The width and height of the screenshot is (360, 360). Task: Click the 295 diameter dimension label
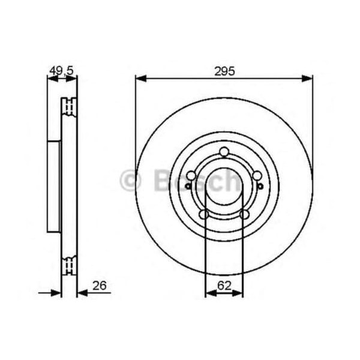point(224,70)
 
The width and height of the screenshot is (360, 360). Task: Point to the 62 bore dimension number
point(224,286)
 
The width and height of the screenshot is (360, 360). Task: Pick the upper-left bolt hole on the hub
point(191,175)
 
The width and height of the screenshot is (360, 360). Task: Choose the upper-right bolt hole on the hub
point(257,175)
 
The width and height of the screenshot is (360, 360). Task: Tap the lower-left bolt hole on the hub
point(204,214)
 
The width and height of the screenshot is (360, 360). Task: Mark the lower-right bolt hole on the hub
point(244,214)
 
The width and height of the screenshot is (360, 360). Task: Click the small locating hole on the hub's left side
point(188,186)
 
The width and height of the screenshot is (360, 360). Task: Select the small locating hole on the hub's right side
point(260,186)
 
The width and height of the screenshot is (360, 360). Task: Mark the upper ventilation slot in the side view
point(70,107)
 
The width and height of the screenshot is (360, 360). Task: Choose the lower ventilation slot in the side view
point(70,264)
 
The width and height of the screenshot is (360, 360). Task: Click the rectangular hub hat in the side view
point(54,185)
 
